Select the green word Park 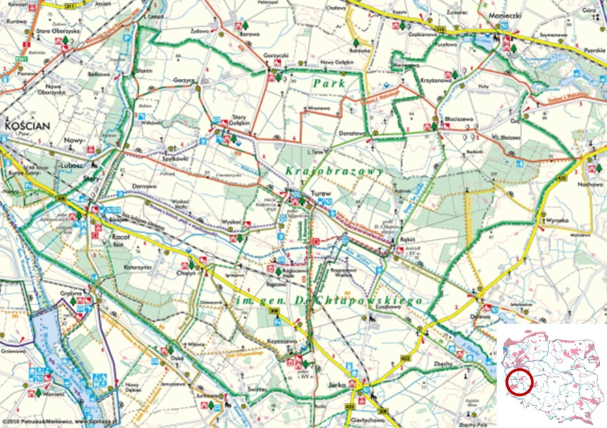click(327, 83)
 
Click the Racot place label click(122, 238)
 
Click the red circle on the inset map click(519, 382)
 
